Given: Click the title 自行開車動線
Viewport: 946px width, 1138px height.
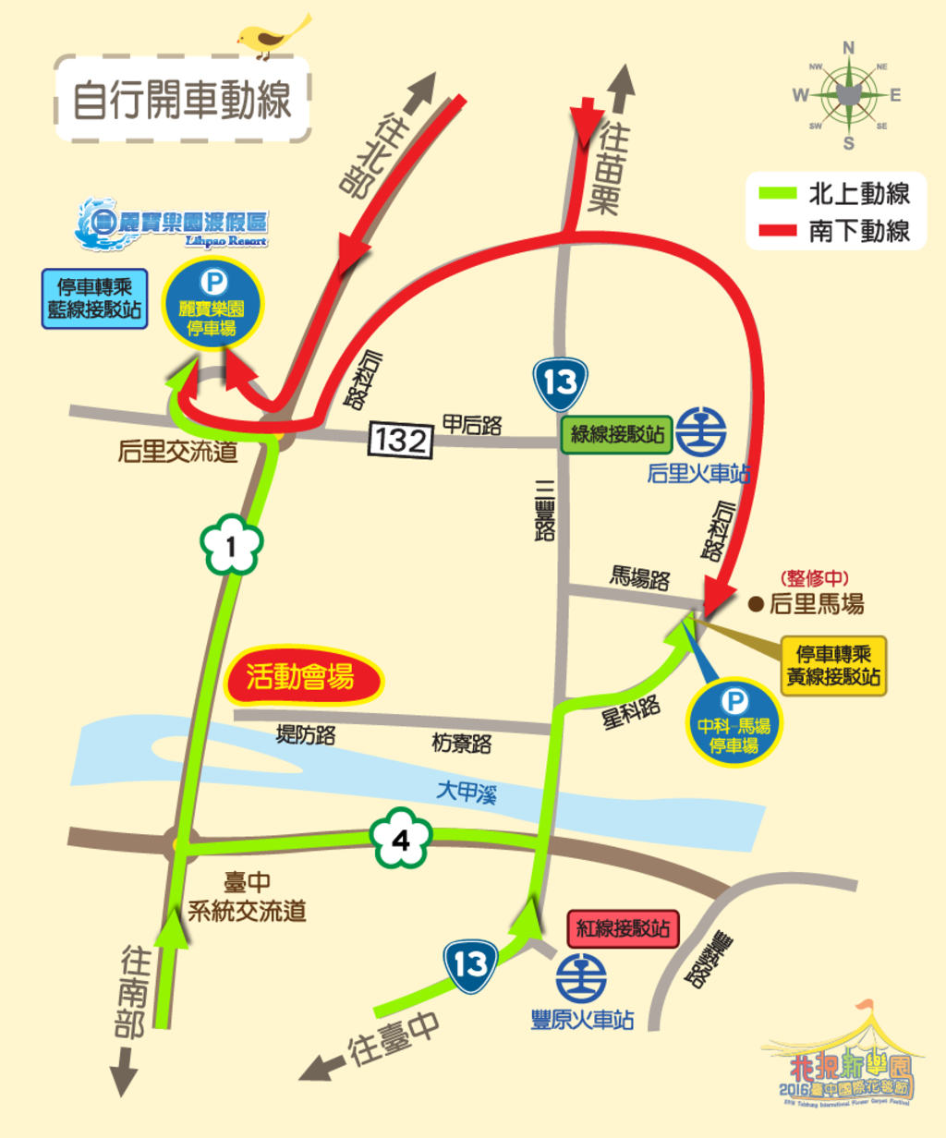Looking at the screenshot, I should click(x=182, y=99).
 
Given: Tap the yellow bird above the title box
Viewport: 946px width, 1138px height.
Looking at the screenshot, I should click(x=270, y=36).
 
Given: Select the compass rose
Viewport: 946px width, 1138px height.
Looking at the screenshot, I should click(x=848, y=94).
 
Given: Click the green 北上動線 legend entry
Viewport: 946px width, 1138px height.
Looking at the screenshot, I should click(x=836, y=194).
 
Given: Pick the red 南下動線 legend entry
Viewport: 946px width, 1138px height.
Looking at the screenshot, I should click(x=836, y=231).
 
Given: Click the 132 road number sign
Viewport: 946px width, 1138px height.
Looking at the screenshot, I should click(x=400, y=440).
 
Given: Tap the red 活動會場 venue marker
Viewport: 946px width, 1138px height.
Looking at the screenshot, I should click(x=303, y=677).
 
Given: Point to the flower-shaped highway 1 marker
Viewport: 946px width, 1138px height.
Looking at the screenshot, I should click(x=231, y=547).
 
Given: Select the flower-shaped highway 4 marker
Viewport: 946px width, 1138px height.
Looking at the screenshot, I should click(x=401, y=840).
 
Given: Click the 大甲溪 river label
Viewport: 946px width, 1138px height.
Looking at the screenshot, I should click(x=467, y=792).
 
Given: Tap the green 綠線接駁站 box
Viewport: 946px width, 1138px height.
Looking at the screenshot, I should click(x=617, y=434).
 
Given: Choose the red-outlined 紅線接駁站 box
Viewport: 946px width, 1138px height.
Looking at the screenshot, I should click(x=623, y=928).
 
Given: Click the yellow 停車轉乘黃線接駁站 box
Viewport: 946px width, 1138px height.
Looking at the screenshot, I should click(x=833, y=665).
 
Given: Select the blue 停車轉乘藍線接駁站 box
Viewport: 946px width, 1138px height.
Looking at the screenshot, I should click(x=94, y=298).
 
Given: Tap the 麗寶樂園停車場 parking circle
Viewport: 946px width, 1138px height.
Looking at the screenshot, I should click(x=212, y=304).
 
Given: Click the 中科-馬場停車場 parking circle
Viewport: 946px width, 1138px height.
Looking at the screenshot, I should click(x=734, y=723).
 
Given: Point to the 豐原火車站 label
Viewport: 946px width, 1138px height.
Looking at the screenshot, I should click(x=582, y=1020).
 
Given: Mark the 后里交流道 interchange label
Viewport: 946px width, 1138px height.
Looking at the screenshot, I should click(x=177, y=452).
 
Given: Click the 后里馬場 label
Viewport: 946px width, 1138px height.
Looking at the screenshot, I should click(x=817, y=605).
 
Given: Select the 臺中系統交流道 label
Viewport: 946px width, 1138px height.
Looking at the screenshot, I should click(x=247, y=897).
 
